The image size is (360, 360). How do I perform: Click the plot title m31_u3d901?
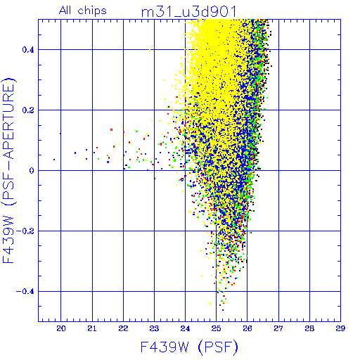188,12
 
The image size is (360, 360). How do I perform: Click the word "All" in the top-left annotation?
65,11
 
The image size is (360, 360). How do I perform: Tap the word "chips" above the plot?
92,11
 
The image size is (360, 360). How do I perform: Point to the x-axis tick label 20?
61,328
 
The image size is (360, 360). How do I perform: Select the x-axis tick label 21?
92,328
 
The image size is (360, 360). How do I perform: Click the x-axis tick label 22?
123,328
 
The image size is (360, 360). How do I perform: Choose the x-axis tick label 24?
185,328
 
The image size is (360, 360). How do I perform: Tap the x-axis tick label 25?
216,328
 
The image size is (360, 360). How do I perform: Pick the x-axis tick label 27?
278,328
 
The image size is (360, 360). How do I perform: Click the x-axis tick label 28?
309,328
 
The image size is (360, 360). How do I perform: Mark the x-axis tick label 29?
340,328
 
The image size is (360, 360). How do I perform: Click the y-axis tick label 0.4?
28,50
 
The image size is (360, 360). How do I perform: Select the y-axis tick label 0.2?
28,110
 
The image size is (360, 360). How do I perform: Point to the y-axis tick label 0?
32,171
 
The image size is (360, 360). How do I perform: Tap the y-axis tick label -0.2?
25,231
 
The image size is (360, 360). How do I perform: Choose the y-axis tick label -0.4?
25,292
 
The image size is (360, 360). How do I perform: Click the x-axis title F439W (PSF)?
189,347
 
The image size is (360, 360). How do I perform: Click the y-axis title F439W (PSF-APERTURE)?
9,171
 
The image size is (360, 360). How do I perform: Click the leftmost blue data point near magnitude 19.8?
54,160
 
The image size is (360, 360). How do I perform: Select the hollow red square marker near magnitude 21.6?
111,129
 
